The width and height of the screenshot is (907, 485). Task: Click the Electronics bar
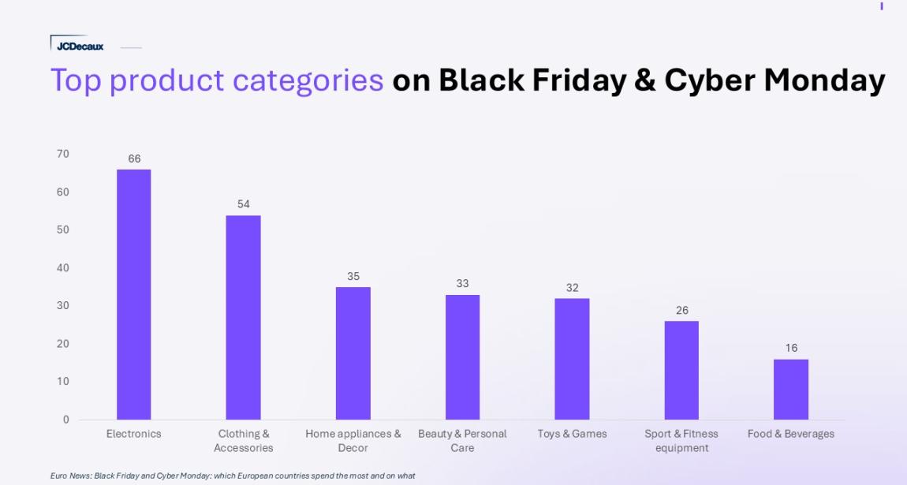coord(133,294)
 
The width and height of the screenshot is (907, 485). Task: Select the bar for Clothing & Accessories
coord(243,317)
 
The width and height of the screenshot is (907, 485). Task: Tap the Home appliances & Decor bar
coord(353,353)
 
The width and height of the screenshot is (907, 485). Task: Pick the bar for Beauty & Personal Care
coord(462,357)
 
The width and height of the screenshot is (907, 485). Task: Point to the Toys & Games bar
coord(572,359)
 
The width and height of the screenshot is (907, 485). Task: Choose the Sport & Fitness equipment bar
coord(681,371)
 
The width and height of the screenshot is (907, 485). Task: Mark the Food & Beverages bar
coord(791,390)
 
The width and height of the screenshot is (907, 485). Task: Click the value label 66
coord(134,159)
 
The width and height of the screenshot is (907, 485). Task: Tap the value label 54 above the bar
coord(244,204)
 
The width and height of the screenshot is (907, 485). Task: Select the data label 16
coord(791,348)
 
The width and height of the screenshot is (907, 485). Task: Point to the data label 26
coord(682,311)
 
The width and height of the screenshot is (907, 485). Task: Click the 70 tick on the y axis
coord(63,154)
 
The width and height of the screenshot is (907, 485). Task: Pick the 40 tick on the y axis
coord(63,267)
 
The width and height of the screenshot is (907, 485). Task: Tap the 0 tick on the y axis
coord(66,420)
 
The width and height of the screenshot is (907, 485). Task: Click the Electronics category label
coord(133,434)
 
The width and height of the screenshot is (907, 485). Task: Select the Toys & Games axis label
coord(572,434)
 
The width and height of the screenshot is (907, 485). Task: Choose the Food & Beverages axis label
coord(791,434)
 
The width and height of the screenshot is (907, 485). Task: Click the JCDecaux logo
coord(80,47)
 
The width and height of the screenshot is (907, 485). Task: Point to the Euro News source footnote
coord(233,476)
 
